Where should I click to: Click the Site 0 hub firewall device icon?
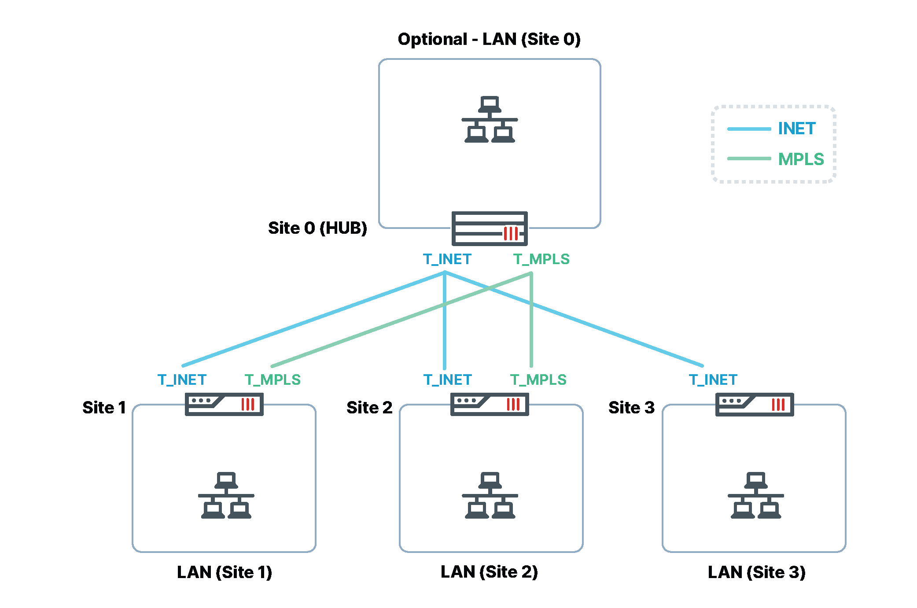(x=489, y=228)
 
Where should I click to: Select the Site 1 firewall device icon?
(x=224, y=404)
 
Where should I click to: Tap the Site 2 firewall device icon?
(x=489, y=404)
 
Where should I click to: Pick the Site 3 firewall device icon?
(x=754, y=404)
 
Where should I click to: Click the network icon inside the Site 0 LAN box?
(x=490, y=119)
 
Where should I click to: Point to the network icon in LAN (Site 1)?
(x=226, y=495)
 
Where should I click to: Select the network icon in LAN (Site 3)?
(x=755, y=495)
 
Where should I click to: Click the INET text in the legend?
(x=796, y=129)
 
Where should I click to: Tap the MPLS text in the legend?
(x=800, y=159)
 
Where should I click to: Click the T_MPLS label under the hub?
(x=541, y=259)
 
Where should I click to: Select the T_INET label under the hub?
(x=447, y=259)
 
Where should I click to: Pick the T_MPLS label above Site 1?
(x=273, y=380)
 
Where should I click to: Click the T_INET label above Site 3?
(x=713, y=380)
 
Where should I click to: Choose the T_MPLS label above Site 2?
(x=538, y=380)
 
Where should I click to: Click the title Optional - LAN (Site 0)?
(x=489, y=39)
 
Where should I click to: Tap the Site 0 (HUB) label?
(x=317, y=228)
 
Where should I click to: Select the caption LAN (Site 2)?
(x=489, y=572)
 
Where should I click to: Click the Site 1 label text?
(x=104, y=408)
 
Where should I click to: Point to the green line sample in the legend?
(x=749, y=158)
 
